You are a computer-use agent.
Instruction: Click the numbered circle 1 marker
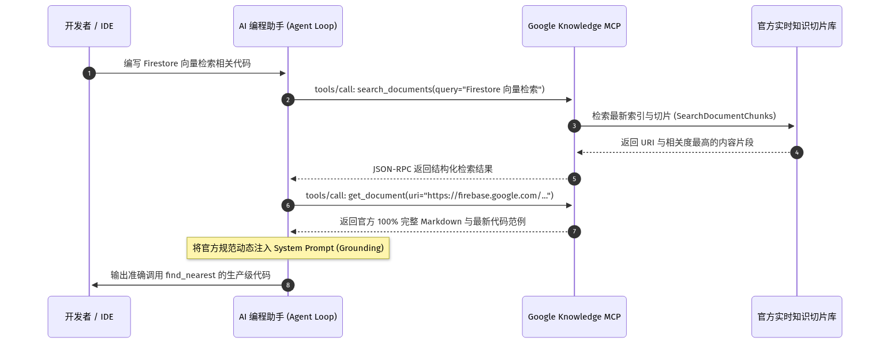click(89, 73)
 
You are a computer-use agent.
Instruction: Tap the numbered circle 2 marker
click(288, 100)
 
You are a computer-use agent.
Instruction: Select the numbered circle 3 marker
click(574, 126)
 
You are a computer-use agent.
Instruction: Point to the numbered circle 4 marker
click(796, 152)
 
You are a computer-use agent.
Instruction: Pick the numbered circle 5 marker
click(574, 179)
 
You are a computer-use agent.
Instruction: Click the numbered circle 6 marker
click(288, 205)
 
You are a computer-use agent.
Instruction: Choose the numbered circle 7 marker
click(574, 232)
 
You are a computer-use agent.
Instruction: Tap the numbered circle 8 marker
click(288, 285)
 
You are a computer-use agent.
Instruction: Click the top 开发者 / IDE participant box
click(89, 26)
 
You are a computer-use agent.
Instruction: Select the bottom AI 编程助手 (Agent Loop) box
click(288, 317)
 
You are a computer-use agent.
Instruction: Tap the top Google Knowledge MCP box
click(574, 26)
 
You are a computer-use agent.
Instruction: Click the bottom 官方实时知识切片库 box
click(796, 317)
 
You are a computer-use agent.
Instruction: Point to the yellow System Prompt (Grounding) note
click(288, 248)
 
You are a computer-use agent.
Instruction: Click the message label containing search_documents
click(429, 89)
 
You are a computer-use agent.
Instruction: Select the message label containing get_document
click(429, 196)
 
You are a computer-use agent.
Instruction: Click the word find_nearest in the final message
click(190, 275)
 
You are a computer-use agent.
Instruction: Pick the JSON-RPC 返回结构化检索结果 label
click(433, 169)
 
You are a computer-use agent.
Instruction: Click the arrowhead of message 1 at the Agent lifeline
click(283, 73)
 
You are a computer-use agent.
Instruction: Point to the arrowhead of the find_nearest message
click(95, 285)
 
